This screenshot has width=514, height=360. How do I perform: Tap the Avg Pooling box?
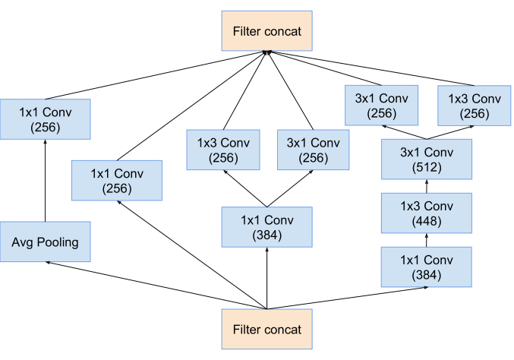click(46, 242)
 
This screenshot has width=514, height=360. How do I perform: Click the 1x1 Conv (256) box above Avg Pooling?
click(46, 118)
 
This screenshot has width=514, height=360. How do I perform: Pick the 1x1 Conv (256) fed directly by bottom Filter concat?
click(116, 180)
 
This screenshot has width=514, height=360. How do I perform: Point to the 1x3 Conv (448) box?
click(426, 212)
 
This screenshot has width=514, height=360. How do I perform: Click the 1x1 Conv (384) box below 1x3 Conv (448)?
click(426, 266)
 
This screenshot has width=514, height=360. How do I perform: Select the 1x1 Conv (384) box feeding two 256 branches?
click(266, 226)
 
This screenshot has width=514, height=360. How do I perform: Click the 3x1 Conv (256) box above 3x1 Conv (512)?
click(381, 106)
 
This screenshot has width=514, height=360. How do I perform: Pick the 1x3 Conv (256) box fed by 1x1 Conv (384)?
click(222, 150)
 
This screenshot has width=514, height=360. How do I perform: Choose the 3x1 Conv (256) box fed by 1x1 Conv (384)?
click(313, 150)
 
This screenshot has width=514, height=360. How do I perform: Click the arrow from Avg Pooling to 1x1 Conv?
click(46, 181)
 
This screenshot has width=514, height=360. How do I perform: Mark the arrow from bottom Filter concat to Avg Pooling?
click(152, 285)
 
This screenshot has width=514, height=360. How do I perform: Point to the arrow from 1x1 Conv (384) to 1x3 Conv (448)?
click(426, 239)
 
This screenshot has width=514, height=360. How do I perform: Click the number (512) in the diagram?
click(426, 167)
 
